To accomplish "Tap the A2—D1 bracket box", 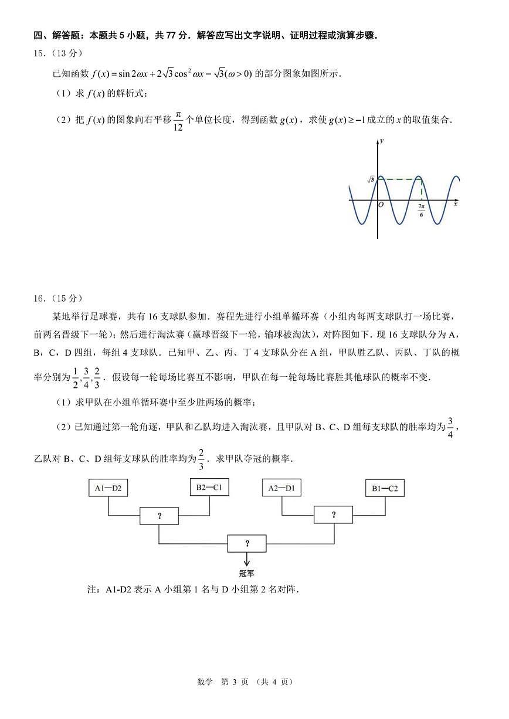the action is click(281, 488).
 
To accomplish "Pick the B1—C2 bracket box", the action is click(384, 488).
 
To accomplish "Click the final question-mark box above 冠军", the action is click(247, 543).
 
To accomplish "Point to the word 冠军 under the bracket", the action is click(247, 574).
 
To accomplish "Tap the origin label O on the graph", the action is click(381, 205).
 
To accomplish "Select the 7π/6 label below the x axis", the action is click(421, 210).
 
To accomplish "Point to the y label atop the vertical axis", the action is click(382, 141).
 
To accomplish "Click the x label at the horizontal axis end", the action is click(456, 205).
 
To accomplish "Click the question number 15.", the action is click(39, 53).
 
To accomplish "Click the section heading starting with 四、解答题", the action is click(205, 36).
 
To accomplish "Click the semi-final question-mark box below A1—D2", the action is click(159, 516).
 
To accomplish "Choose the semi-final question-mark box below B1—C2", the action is click(334, 515).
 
